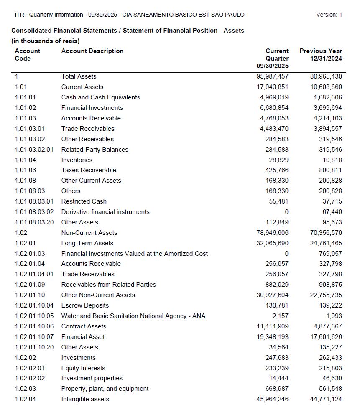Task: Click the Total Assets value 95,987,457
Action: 272,76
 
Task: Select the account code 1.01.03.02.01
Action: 34,150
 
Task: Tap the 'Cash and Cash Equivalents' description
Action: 100,97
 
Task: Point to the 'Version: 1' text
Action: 329,15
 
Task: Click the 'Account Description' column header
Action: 92,51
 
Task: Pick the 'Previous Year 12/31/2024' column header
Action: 321,55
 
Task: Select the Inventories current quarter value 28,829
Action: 278,160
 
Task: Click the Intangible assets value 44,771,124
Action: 326,399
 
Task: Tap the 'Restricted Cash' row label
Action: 84,201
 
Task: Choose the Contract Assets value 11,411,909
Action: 272,326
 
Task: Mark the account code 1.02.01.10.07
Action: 34,337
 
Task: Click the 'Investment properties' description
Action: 92,378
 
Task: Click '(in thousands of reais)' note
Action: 45,41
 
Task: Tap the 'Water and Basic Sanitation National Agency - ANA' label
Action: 133,316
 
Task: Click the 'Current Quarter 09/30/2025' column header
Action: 273,59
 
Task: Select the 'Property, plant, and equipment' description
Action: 105,389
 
